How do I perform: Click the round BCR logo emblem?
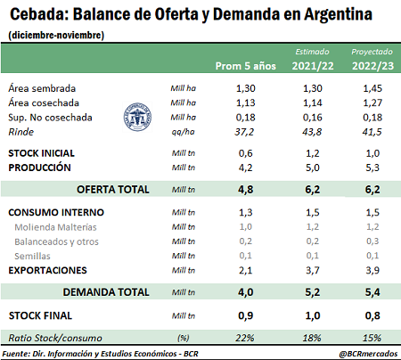[137, 117]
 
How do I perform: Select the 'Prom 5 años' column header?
[246, 66]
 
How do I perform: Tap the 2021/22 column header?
[313, 66]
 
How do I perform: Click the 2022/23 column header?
[372, 66]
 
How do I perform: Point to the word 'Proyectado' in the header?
[372, 52]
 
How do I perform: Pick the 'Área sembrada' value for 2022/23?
[372, 88]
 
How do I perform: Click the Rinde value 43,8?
[312, 132]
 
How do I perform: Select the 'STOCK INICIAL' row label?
[41, 153]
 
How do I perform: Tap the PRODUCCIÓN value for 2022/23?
[372, 168]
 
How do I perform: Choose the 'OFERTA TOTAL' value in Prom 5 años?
[246, 190]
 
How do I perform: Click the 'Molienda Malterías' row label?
[55, 227]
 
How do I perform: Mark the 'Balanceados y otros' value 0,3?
[372, 241]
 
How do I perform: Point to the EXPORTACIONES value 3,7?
[313, 270]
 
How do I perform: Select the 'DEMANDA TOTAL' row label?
[106, 292]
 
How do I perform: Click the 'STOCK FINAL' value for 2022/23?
[372, 315]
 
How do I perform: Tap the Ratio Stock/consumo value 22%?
[245, 338]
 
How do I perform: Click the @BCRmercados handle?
[368, 354]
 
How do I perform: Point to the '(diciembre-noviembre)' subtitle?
[56, 35]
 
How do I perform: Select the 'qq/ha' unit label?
[183, 132]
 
